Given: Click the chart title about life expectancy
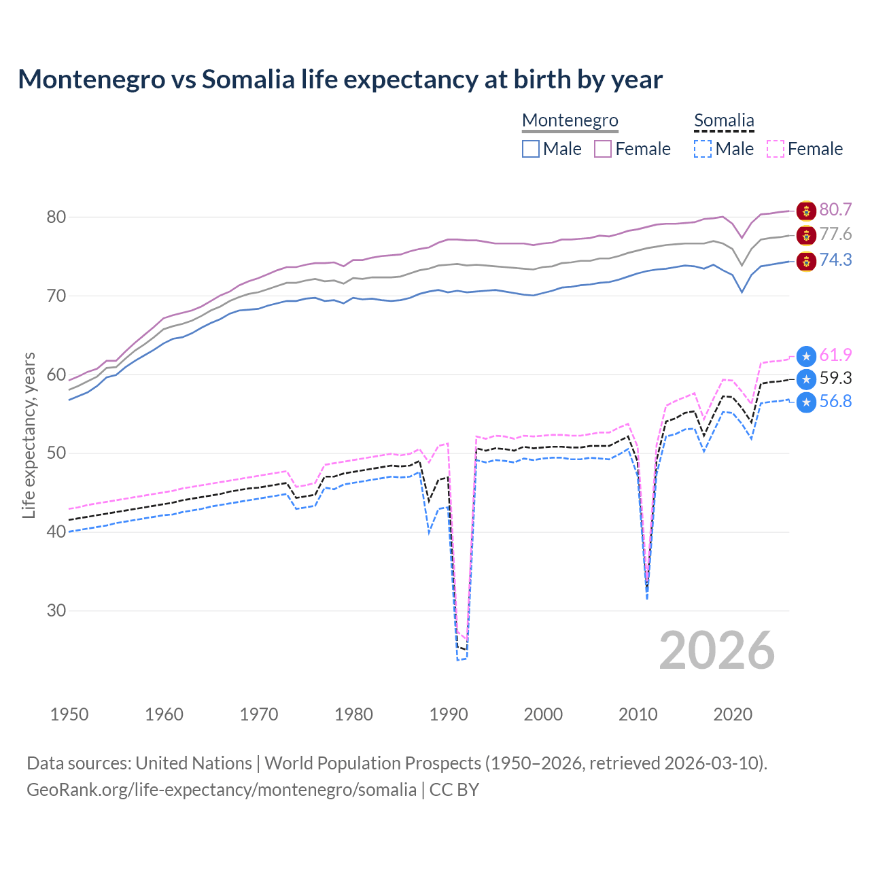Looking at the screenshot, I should tap(340, 80).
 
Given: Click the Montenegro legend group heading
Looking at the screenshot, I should tap(570, 121).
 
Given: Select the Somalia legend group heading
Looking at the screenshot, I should tap(724, 121).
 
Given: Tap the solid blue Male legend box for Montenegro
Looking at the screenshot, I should tap(531, 149).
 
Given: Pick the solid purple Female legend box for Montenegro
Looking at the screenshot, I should tap(603, 149).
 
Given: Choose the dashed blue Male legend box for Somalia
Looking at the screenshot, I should tap(703, 149).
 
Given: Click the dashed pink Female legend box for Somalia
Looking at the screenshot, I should tap(776, 149).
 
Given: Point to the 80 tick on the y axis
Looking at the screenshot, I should tap(56, 217).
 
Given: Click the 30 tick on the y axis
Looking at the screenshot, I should tap(56, 610).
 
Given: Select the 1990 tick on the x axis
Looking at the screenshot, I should tap(449, 714).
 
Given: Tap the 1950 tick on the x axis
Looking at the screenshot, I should tap(69, 714).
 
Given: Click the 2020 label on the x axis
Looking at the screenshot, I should tap(733, 714).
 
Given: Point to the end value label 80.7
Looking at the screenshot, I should tap(835, 209).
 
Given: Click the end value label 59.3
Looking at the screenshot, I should tap(835, 378).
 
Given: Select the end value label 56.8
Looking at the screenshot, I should tap(835, 401).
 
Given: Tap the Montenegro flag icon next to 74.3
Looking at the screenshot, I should tap(806, 261).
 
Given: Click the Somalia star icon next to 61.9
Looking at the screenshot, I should tap(806, 355).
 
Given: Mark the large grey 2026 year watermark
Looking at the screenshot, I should tap(717, 650).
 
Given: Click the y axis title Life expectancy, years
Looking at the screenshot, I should tap(29, 435).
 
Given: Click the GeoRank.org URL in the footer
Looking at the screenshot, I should tap(222, 790).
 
